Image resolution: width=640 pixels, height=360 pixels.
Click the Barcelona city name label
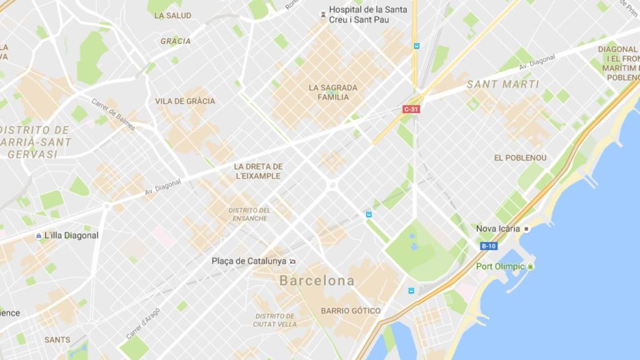pos(317,281)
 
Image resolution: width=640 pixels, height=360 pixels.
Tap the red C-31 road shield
pos(411,109)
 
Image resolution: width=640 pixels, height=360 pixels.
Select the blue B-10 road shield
pos(489,246)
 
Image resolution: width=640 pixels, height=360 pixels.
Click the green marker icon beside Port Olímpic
pos(531,267)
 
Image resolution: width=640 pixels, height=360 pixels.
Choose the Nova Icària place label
pos(497,229)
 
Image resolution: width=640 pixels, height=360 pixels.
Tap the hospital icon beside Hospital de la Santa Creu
pos(322,11)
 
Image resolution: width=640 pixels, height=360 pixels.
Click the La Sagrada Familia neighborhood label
pos(332,92)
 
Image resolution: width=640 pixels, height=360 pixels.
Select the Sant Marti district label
pos(502,84)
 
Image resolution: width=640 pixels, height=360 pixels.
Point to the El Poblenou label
pos(520,158)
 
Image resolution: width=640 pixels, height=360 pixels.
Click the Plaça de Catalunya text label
pos(249,261)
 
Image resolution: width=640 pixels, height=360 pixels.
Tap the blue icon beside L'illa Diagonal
pos(38,236)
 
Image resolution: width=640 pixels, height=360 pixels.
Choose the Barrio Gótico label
pos(350,311)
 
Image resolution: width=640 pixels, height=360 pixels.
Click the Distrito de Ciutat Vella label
pos(274,320)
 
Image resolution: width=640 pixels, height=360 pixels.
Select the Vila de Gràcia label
pos(185,101)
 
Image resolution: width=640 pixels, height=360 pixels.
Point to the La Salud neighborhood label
pos(172,15)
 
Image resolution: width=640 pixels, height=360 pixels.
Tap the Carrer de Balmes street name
pos(113,112)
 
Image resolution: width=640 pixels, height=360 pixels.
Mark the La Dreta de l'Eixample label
pos(258,171)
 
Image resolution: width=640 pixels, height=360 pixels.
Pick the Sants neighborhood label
pos(57,340)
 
